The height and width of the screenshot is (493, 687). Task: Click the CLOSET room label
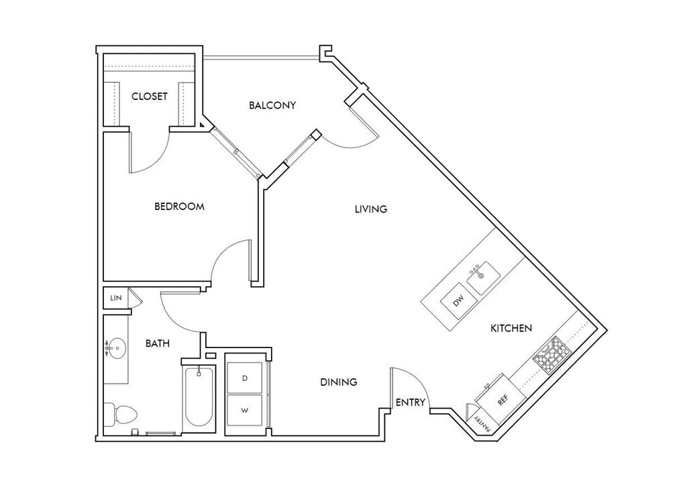[x=150, y=97]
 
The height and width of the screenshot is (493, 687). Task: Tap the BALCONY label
[x=272, y=105]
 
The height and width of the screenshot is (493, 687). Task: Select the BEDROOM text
[x=179, y=207]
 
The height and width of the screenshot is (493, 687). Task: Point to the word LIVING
[x=371, y=209]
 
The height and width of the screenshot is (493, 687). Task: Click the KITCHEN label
[x=511, y=328]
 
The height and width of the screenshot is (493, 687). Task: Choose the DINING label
[x=338, y=382]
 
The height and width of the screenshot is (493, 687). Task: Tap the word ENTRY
[x=410, y=402]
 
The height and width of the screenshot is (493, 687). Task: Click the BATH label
[x=158, y=343]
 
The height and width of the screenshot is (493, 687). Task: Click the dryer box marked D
[x=245, y=378]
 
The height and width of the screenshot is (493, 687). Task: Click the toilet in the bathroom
[x=120, y=414]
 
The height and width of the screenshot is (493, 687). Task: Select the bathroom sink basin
[x=117, y=347]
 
